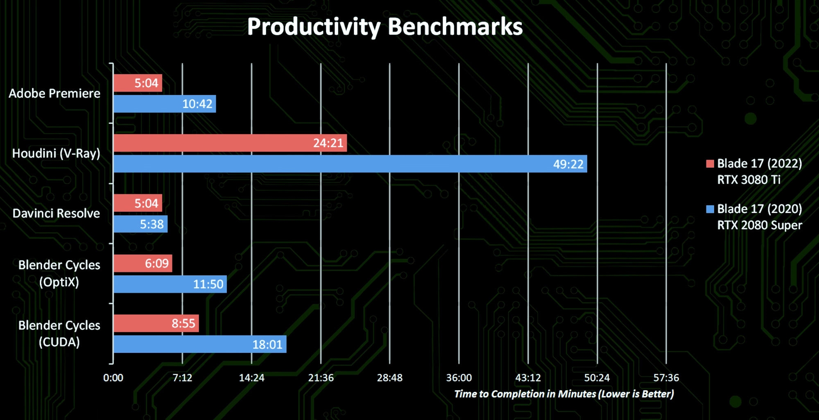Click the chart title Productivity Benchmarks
pyautogui.click(x=385, y=27)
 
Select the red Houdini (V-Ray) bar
pyautogui.click(x=230, y=143)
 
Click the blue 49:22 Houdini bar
pyautogui.click(x=350, y=164)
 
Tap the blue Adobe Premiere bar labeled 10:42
pyautogui.click(x=164, y=104)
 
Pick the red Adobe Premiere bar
pyautogui.click(x=138, y=83)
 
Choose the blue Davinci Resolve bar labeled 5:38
pyautogui.click(x=140, y=224)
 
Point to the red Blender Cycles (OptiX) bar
pyautogui.click(x=143, y=263)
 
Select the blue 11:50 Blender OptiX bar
pyautogui.click(x=170, y=284)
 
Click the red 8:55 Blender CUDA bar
pyautogui.click(x=156, y=323)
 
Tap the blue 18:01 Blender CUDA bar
pyautogui.click(x=199, y=344)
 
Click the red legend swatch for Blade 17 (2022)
pyautogui.click(x=710, y=164)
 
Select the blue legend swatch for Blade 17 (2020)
pyautogui.click(x=710, y=209)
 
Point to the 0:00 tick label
pyautogui.click(x=113, y=378)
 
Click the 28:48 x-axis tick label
pyautogui.click(x=389, y=378)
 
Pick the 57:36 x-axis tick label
pyautogui.click(x=666, y=378)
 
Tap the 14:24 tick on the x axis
pyautogui.click(x=251, y=378)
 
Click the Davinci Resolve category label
pyautogui.click(x=56, y=213)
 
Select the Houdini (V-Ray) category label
pyautogui.click(x=56, y=153)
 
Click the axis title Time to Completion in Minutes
pyautogui.click(x=563, y=394)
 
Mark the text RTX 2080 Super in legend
pyautogui.click(x=759, y=225)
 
